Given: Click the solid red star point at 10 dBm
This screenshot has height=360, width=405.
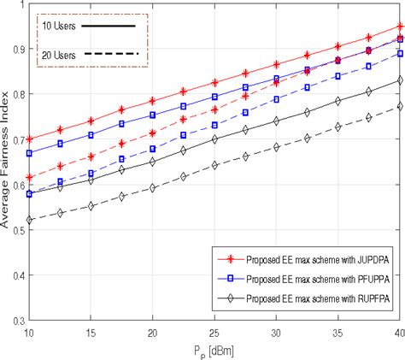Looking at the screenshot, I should [x=30, y=139].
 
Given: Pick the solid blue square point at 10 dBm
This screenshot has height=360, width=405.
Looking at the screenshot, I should [x=30, y=153].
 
